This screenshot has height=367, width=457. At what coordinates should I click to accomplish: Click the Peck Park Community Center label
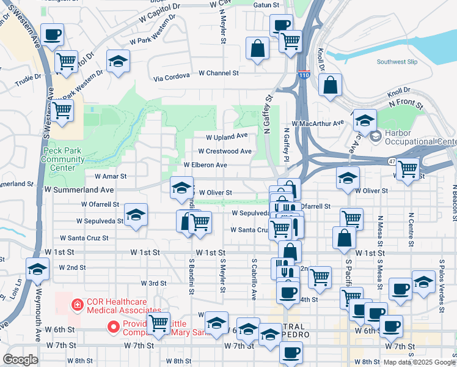[x=63, y=159]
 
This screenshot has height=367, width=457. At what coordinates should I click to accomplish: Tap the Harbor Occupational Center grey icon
[x=375, y=136]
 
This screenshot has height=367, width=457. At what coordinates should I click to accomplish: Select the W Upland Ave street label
[x=227, y=136]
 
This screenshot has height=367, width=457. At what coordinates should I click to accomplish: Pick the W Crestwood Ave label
[x=225, y=151]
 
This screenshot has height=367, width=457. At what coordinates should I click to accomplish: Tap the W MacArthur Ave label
[x=318, y=123]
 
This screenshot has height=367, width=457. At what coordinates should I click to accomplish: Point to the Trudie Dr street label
[x=28, y=77]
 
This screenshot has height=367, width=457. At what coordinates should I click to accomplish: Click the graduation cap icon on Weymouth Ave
[x=37, y=269]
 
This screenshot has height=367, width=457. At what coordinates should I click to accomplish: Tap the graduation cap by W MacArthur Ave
[x=365, y=120]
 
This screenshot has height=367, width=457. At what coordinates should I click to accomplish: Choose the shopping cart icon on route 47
[x=408, y=168]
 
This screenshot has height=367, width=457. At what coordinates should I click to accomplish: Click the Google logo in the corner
[x=20, y=360]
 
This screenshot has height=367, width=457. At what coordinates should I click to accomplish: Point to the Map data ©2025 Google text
[x=419, y=362]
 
